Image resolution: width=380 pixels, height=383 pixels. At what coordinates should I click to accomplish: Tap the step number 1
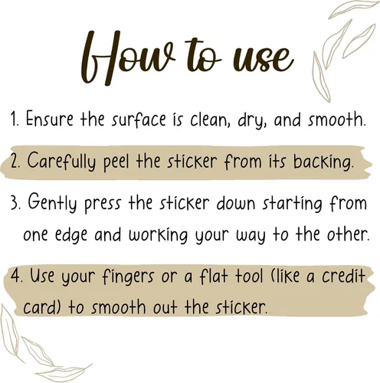pos(14,119)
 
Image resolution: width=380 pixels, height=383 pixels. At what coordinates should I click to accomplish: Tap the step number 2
pos(15,162)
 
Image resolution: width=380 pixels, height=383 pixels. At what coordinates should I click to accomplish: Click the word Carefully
pos(61,162)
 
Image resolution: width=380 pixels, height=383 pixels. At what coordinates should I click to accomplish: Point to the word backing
pos(323,163)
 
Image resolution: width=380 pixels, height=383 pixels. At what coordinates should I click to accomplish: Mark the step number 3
pos(15,203)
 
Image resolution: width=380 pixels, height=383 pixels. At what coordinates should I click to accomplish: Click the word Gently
pos(52,204)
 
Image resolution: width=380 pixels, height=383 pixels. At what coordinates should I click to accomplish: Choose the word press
pos(102,205)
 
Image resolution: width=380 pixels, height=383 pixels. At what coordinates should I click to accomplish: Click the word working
pos(158,234)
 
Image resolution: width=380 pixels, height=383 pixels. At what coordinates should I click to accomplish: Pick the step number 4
pos(15,276)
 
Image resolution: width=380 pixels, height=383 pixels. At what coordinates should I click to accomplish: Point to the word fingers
pos(128,277)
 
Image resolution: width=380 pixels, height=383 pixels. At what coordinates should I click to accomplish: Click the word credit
pos(343,275)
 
